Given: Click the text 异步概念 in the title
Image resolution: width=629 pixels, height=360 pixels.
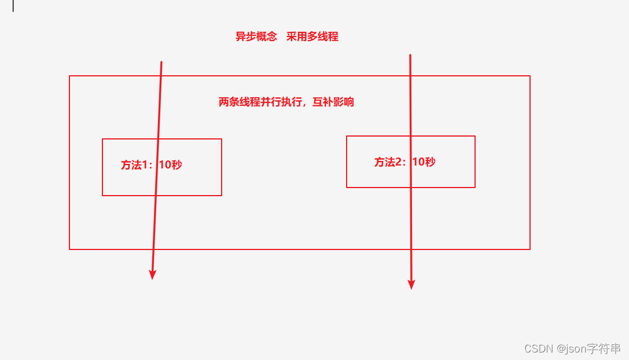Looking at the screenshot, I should [256, 37].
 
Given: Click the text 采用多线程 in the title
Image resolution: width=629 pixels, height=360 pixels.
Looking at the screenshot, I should [312, 37].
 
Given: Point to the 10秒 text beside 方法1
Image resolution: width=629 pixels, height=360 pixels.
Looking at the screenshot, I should [170, 165].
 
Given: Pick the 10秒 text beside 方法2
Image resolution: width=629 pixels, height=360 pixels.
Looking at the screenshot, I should [424, 162].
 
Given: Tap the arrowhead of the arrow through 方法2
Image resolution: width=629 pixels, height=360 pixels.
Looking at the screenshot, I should [411, 284].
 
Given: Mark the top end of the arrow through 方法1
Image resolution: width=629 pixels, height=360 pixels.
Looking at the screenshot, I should [161, 62].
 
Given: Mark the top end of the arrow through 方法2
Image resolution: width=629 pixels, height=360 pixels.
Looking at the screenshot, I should [410, 55].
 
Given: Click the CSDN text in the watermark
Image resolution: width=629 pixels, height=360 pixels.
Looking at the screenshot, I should [538, 348].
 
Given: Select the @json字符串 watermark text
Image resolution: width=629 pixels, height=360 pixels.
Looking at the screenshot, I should [588, 348].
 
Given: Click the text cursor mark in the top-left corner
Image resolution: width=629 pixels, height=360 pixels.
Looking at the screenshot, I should [13, 6].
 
